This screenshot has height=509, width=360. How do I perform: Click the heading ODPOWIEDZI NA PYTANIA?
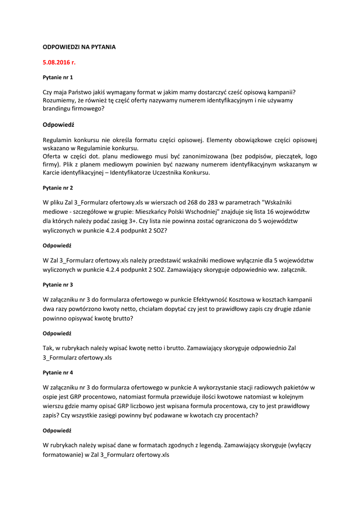[x=79, y=47]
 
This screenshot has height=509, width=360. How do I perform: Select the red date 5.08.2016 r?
[x=59, y=63]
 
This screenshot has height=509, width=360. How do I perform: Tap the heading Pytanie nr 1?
[x=58, y=78]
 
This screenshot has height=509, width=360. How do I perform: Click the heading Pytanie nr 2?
[x=58, y=188]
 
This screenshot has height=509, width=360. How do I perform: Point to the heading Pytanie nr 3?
[x=58, y=285]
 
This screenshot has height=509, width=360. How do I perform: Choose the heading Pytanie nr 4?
[x=58, y=372]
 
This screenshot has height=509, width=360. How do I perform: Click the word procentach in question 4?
[x=241, y=416]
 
